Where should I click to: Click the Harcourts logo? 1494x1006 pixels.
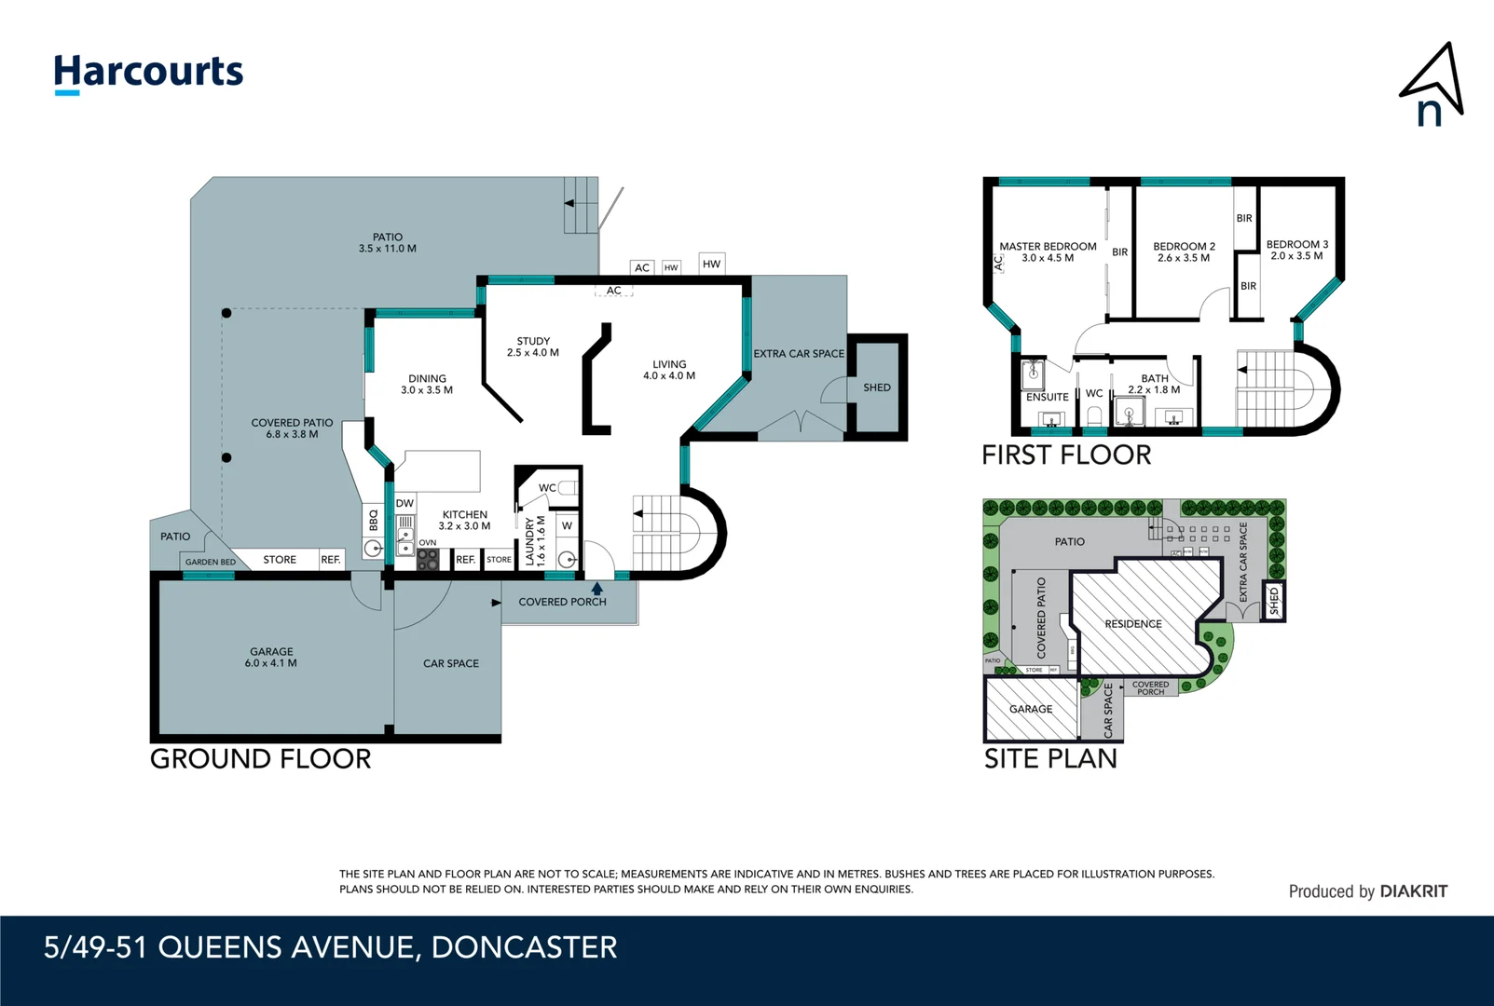[148, 73]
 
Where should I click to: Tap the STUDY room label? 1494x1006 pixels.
[533, 341]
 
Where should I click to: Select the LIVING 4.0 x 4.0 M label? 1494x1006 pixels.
[669, 370]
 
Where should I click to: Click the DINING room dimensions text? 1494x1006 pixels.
[427, 390]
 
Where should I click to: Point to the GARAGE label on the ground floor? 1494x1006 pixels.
[271, 652]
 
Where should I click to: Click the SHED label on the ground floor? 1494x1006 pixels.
[876, 387]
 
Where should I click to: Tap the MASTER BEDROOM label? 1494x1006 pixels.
[1048, 247]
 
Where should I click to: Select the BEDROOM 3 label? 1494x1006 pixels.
[1296, 244]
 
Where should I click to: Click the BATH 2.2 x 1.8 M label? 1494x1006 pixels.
[1154, 384]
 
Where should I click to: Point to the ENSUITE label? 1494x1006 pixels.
[1047, 397]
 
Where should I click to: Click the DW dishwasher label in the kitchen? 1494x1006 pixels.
[404, 504]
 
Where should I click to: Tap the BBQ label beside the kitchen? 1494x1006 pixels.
[374, 519]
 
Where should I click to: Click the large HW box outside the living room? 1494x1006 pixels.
[711, 264]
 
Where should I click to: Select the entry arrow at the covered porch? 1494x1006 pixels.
[597, 588]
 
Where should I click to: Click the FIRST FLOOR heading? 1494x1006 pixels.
[1066, 455]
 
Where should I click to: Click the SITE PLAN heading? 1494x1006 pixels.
[1050, 758]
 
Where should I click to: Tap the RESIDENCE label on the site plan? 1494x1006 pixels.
[1133, 624]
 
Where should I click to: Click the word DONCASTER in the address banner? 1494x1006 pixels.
[524, 947]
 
